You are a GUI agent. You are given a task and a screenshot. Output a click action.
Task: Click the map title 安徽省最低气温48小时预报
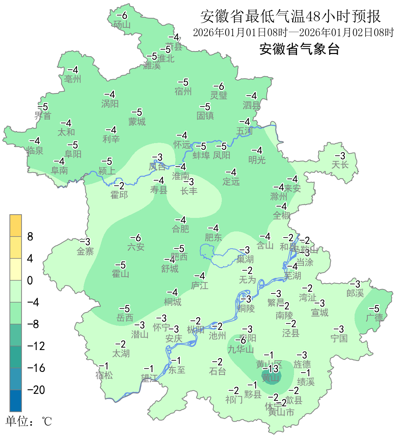290,16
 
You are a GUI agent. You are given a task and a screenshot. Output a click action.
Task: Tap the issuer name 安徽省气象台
300,49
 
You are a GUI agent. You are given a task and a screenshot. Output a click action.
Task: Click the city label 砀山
122,25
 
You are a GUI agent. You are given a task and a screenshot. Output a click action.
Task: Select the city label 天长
340,165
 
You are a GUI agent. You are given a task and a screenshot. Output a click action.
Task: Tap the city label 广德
374,318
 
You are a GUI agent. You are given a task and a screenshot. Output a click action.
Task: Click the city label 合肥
181,229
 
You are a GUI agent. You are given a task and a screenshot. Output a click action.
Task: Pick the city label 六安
136,247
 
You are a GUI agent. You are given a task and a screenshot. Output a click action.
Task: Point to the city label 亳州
73,79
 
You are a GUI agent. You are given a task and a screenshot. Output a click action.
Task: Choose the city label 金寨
85,251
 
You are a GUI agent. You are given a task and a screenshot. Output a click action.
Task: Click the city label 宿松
104,375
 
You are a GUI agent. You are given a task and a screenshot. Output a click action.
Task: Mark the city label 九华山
241,350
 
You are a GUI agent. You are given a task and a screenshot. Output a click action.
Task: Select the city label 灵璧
219,96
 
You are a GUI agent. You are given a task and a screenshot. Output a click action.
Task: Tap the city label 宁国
339,339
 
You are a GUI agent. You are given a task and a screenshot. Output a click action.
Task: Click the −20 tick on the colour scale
36,390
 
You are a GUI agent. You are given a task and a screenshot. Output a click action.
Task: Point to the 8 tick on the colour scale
30,237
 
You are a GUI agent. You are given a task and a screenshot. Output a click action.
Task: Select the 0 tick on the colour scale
30,281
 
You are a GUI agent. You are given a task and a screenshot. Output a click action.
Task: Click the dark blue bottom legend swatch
16,401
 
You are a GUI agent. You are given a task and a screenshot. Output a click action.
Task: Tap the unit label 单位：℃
29,422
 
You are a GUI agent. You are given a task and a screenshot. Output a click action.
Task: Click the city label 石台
217,372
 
